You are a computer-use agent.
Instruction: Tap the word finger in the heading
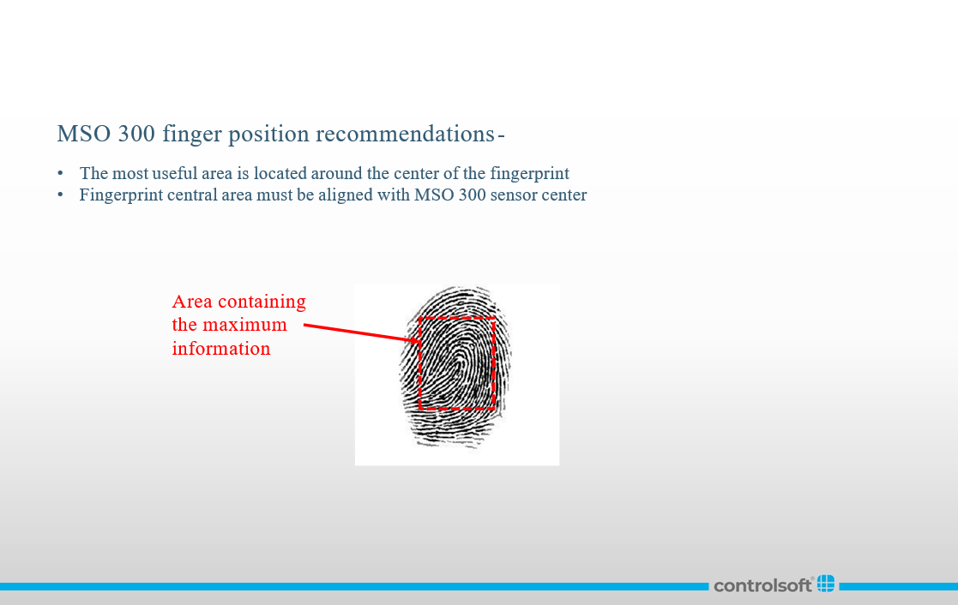192,135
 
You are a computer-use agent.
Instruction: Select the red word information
221,349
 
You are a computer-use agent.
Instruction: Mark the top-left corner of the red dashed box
420,318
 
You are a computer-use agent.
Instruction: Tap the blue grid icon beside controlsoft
826,584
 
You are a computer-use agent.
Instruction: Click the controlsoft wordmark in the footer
762,585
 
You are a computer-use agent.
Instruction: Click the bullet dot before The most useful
61,173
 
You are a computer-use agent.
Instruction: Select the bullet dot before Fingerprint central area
61,195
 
